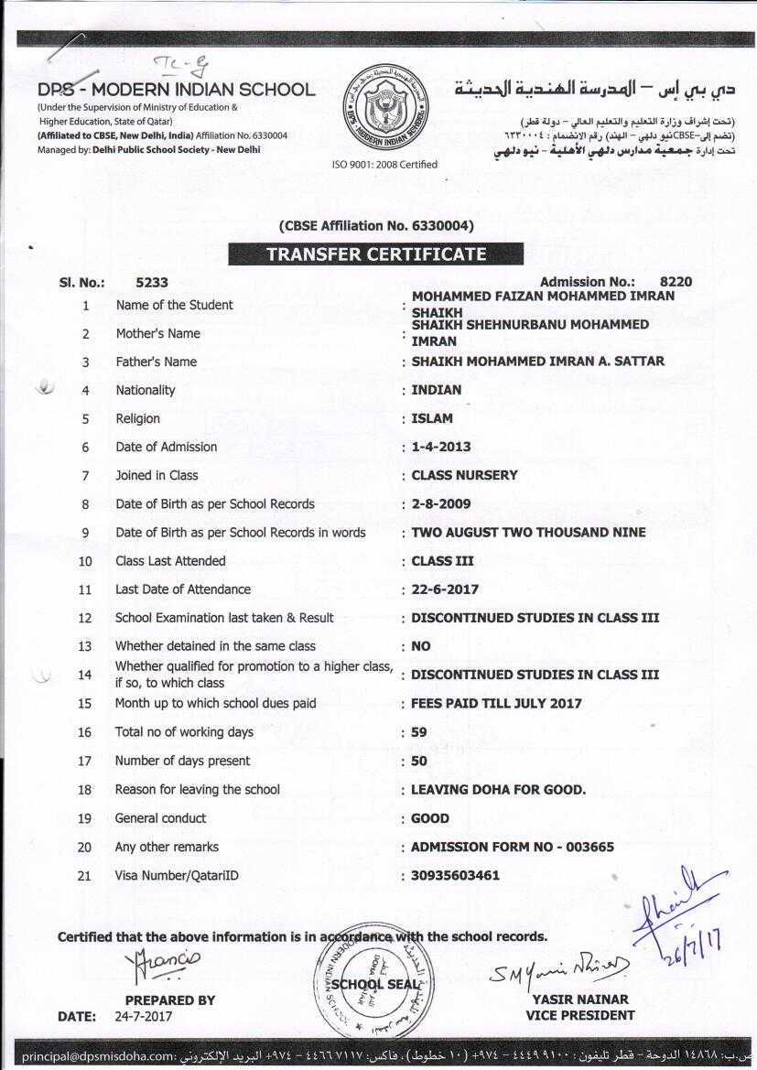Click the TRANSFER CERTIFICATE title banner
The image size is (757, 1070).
point(376,254)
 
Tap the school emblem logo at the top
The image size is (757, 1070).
point(384,109)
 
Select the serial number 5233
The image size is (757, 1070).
point(151,283)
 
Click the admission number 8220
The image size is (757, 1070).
point(676,282)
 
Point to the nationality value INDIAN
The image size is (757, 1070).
point(437,390)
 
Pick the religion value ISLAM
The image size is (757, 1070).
point(432,418)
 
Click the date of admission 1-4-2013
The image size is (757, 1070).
point(441,447)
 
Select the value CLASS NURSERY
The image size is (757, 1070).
point(464,475)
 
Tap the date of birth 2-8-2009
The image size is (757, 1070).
point(441,503)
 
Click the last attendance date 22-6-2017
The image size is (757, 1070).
point(445,589)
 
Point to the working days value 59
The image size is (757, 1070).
point(419,732)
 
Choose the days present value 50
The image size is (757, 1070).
point(419,761)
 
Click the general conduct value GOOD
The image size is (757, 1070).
point(430,818)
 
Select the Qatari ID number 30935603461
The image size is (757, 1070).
point(456,875)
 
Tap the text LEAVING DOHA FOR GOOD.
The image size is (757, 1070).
point(498,789)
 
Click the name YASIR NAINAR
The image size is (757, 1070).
point(580,1000)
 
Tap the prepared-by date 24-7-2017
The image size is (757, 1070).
point(143,1016)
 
